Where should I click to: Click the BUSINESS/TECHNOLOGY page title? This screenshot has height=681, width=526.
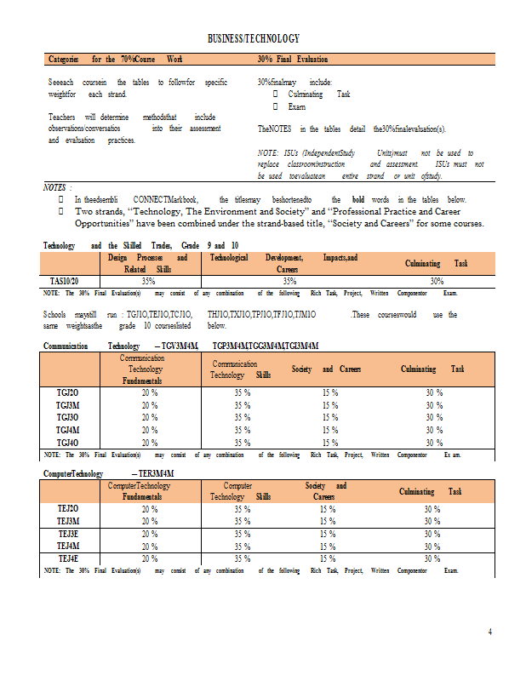tap(254, 39)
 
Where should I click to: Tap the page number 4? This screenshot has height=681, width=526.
tap(489, 631)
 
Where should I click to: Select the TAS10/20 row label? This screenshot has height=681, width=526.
tap(66, 280)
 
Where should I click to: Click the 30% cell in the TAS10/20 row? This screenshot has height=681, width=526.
tap(437, 280)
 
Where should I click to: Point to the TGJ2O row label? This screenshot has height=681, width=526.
tap(67, 393)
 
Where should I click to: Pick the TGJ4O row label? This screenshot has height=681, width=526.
tap(67, 443)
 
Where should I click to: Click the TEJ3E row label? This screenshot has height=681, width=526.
tap(68, 534)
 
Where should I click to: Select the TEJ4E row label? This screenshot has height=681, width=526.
tap(68, 558)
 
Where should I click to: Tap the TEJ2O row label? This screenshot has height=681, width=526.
tap(68, 509)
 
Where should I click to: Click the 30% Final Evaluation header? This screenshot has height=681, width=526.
tap(292, 60)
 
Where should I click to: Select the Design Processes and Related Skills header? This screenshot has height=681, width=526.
tap(148, 262)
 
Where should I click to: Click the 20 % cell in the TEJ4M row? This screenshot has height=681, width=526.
tap(150, 546)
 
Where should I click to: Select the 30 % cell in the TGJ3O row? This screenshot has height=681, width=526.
tap(433, 418)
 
